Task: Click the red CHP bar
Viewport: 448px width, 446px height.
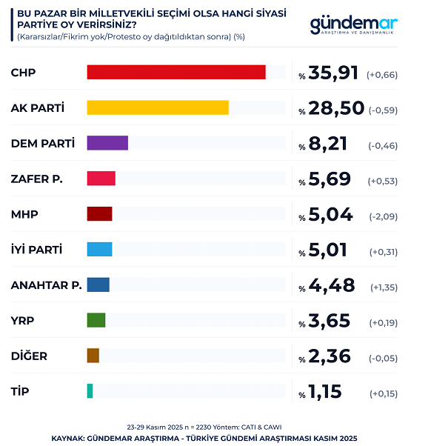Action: (x=176, y=72)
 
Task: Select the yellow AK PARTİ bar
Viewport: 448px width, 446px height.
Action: (x=158, y=107)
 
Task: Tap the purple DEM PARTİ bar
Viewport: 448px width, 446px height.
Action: (x=107, y=143)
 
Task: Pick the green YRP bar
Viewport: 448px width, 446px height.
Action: (x=96, y=320)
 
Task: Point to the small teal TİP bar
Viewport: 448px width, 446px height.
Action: (x=90, y=390)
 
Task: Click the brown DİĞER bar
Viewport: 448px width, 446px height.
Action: (x=93, y=356)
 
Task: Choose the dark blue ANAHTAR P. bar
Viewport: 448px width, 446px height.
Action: (x=98, y=284)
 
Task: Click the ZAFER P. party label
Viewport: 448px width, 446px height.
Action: (x=37, y=179)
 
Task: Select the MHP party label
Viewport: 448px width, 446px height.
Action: (x=24, y=214)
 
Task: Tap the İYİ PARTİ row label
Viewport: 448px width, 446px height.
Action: (x=36, y=250)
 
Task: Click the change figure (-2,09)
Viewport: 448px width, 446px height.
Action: (x=384, y=216)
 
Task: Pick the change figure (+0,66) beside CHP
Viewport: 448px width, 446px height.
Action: (x=384, y=74)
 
